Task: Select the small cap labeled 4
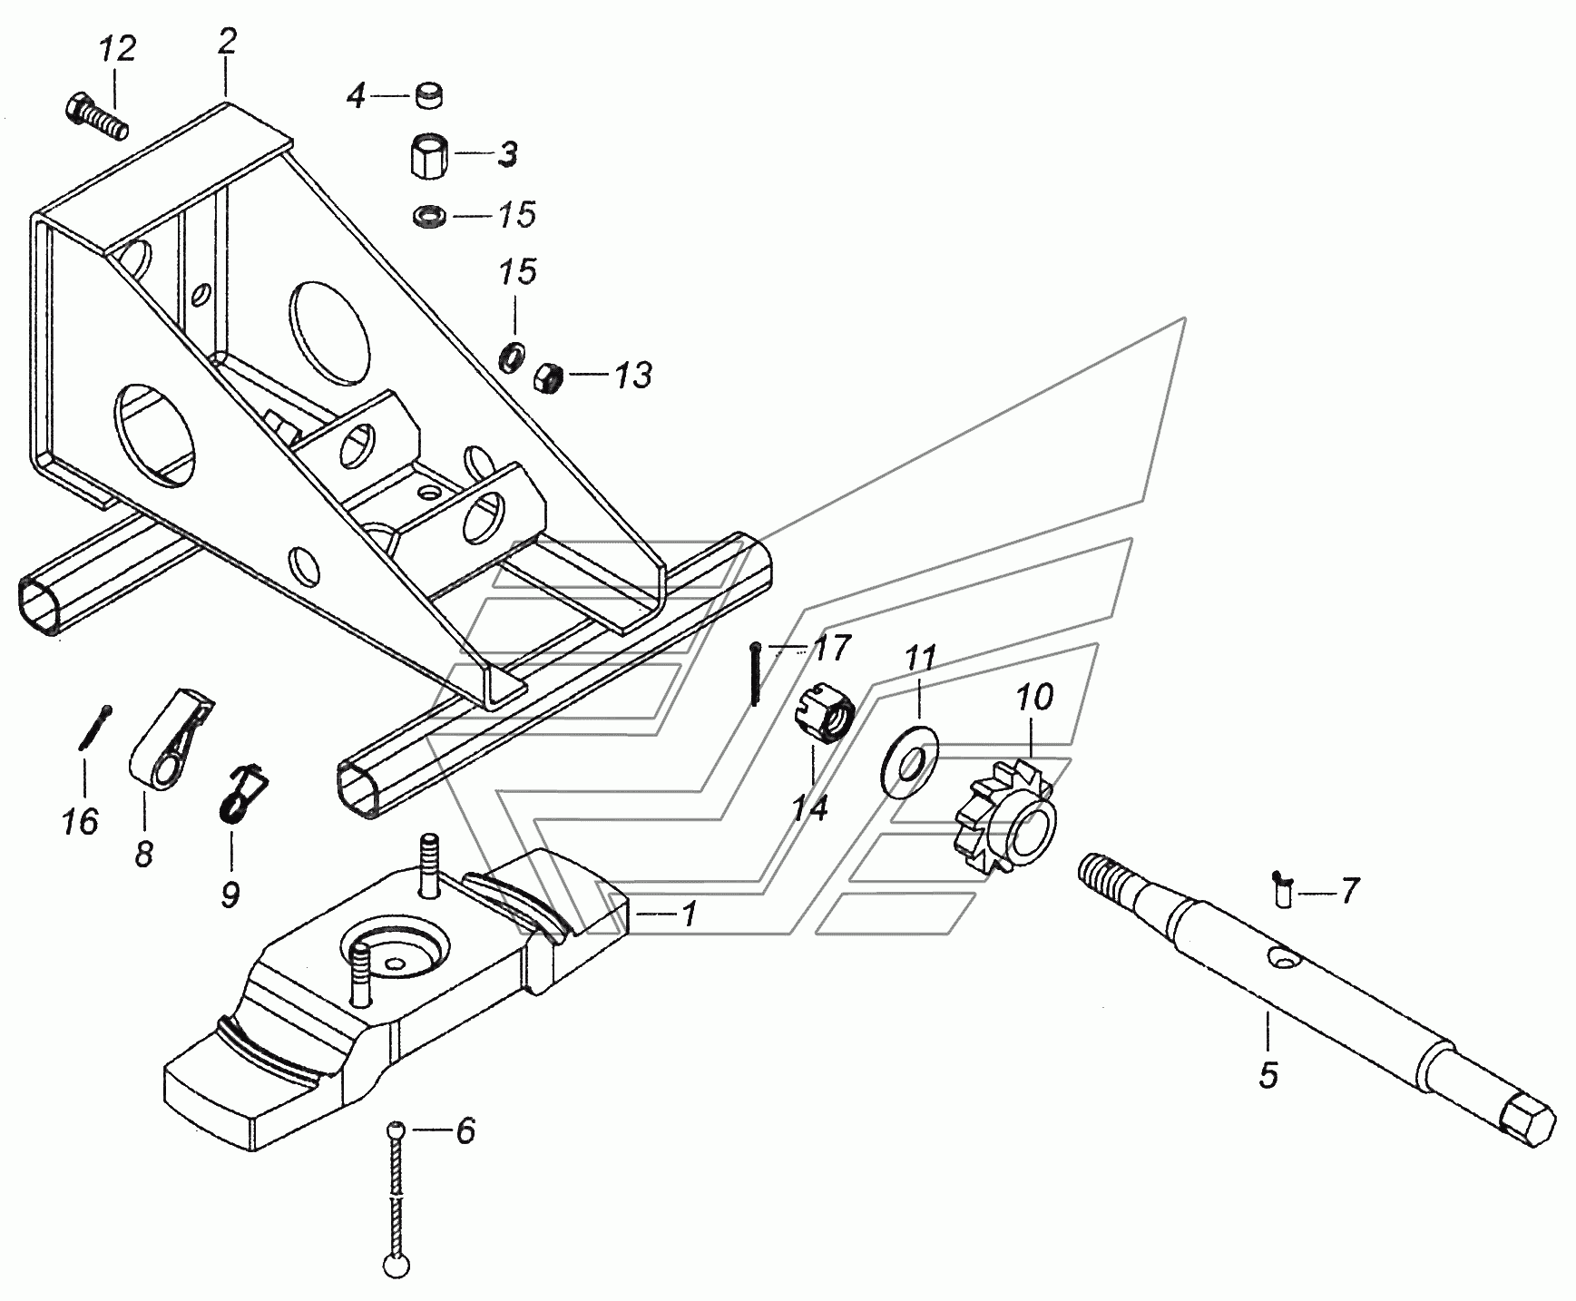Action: [x=428, y=94]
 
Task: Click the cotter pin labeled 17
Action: [x=755, y=671]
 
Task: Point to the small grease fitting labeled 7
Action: [x=1282, y=886]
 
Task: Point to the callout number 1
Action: [x=690, y=914]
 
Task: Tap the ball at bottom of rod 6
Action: [x=396, y=1266]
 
